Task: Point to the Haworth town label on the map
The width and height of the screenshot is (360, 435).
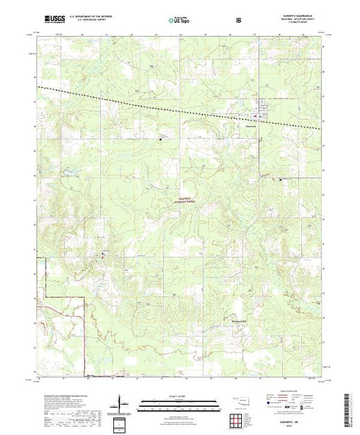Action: (250, 125)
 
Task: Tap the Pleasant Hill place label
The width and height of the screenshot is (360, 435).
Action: (237, 320)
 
